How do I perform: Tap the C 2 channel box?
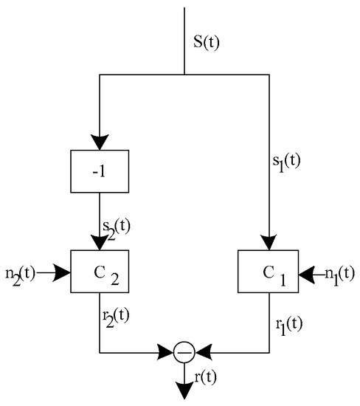100,272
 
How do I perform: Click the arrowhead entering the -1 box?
100,142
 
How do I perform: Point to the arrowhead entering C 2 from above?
100,243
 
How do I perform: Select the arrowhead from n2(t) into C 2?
63,273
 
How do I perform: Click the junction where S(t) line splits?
184,75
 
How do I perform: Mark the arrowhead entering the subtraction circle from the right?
201,353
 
